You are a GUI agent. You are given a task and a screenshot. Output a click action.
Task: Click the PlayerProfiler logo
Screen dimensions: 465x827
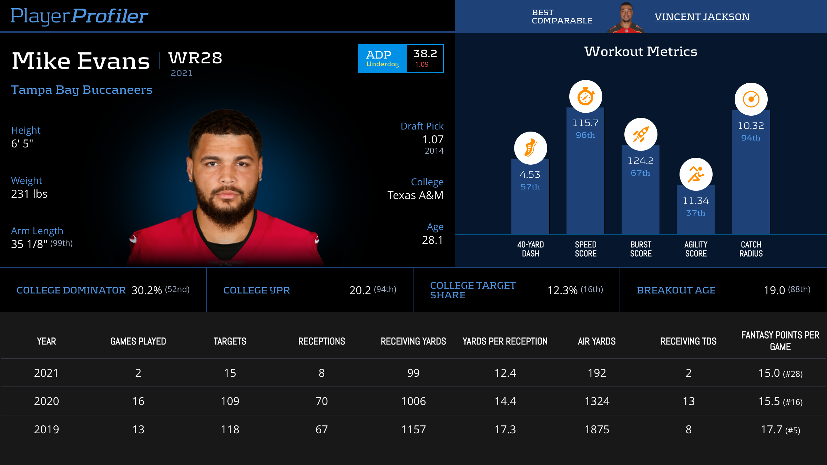[79, 16]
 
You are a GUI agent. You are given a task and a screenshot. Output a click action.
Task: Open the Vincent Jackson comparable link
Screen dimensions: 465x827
[702, 17]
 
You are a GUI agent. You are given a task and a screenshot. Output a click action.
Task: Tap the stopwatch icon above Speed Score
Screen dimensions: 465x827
[585, 96]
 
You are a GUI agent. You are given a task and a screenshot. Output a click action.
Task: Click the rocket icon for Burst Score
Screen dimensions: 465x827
[641, 134]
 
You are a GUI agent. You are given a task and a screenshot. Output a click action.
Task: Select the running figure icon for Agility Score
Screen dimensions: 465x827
[696, 174]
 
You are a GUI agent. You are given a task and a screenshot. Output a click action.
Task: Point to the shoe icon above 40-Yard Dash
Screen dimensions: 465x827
[530, 148]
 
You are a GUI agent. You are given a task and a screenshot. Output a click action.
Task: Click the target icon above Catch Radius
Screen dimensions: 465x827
[751, 99]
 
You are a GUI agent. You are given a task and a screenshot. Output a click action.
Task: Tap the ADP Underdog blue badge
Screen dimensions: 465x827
[382, 59]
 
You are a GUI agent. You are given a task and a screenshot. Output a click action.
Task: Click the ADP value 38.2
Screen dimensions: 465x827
[425, 54]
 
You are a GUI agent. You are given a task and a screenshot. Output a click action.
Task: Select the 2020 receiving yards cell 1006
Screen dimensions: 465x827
[413, 401]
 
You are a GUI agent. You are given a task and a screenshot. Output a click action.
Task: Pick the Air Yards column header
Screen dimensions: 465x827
[597, 341]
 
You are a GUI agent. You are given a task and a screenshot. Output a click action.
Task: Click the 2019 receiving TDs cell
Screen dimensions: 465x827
[688, 430]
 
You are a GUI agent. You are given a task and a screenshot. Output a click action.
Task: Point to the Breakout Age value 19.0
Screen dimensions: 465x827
[774, 290]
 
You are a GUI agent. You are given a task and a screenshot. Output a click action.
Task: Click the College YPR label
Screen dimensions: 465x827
[257, 290]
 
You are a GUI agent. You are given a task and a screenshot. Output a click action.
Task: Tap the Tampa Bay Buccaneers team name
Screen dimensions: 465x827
[82, 90]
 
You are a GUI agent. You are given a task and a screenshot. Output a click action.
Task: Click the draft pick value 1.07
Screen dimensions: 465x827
[433, 139]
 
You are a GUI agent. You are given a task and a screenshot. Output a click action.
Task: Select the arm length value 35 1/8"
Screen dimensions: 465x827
[29, 244]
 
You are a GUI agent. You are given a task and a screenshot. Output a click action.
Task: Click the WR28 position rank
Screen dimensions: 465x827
[195, 58]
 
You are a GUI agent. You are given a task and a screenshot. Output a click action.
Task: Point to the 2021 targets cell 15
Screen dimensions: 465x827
[230, 373]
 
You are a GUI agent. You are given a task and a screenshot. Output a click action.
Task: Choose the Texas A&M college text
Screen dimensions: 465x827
[415, 195]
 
